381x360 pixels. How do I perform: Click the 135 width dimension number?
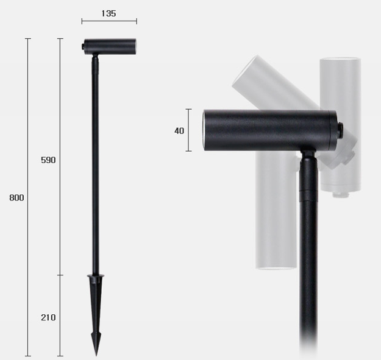pos(109,13)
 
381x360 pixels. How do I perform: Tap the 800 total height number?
pos(17,197)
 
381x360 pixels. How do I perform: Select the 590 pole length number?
pos(48,160)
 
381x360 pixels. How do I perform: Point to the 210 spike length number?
pos(48,317)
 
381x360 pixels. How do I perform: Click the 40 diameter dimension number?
pos(179,131)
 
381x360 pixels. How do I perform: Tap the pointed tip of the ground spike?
pos(96,355)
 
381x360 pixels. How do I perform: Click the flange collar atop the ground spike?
pos(96,276)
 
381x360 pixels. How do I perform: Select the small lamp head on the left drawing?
pos(110,47)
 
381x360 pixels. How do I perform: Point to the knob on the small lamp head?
pos(83,47)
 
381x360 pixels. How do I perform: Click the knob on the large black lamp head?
pos(340,130)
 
